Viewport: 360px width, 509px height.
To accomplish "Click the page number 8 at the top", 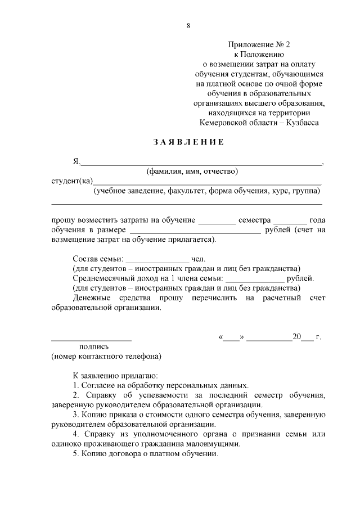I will click(188, 26).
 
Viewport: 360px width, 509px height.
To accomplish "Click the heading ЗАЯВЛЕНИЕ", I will click(188, 142).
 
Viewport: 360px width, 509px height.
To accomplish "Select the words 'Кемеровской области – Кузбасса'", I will click(259, 123).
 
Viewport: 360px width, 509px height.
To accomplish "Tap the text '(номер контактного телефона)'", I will click(106, 357).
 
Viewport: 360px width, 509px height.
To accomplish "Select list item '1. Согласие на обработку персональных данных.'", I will click(161, 385).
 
